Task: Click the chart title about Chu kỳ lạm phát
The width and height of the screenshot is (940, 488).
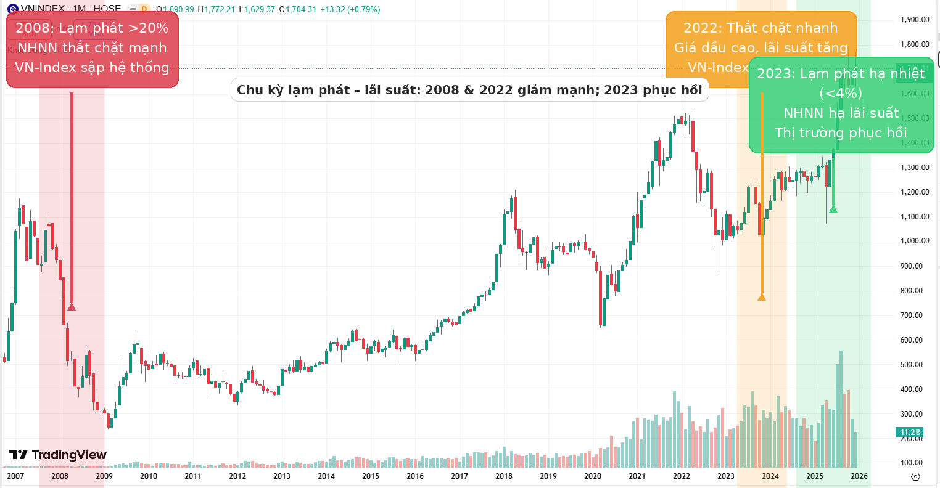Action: tap(469, 90)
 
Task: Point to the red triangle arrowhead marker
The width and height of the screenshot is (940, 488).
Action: tap(72, 306)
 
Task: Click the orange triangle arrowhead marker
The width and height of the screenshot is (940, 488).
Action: tap(762, 297)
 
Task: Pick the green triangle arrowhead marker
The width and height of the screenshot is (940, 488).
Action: tap(833, 209)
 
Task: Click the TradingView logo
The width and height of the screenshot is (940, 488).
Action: tap(58, 455)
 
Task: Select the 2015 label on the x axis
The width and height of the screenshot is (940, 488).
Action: tap(371, 476)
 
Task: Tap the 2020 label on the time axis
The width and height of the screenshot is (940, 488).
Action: tap(593, 476)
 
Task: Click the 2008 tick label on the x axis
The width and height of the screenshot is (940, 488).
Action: tap(60, 476)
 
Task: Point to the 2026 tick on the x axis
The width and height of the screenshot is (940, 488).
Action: tap(859, 476)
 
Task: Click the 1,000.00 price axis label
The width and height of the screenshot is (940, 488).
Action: tap(915, 241)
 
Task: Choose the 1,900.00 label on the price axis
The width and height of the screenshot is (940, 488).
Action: tap(915, 20)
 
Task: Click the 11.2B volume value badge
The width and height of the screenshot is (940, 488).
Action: tap(910, 433)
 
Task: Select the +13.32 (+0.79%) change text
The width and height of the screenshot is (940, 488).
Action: tap(350, 9)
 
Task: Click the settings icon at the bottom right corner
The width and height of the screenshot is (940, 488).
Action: tap(915, 476)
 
